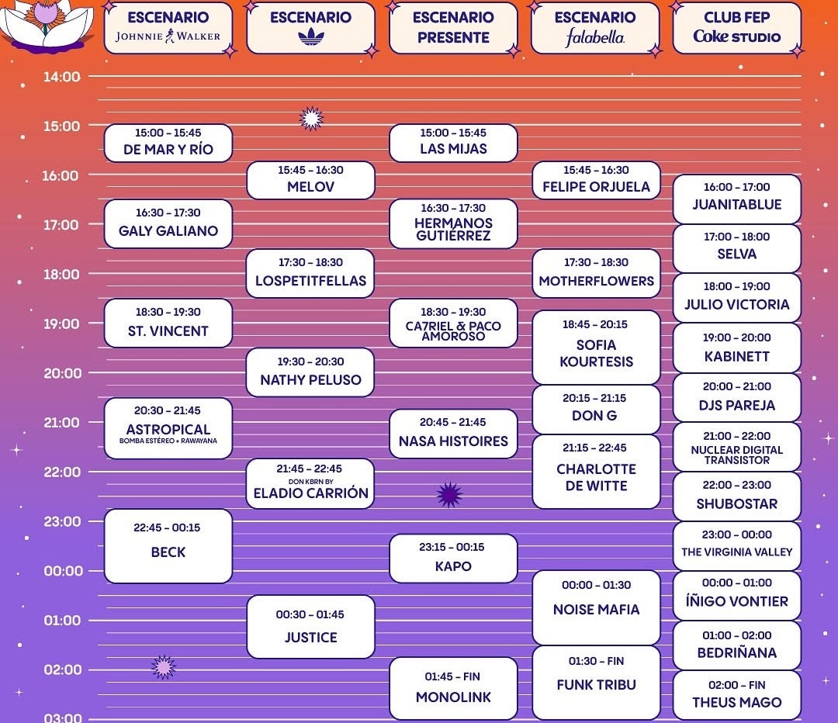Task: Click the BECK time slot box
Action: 168,545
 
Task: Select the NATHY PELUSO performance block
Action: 310,372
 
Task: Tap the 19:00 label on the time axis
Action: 61,323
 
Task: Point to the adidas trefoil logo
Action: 311,37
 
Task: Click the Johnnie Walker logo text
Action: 168,36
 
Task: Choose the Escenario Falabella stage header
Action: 596,28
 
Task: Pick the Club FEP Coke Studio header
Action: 737,28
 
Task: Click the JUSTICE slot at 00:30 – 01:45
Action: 310,627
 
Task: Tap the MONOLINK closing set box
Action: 453,688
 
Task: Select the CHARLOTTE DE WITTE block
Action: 596,472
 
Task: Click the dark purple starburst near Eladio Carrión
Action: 449,494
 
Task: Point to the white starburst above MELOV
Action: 312,119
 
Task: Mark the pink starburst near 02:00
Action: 164,667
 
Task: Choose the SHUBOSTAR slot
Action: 737,496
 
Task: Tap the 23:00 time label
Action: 61,521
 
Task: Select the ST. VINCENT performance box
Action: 168,323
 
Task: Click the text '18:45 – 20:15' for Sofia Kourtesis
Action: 595,324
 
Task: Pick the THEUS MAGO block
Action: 737,695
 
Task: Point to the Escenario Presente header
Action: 453,28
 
